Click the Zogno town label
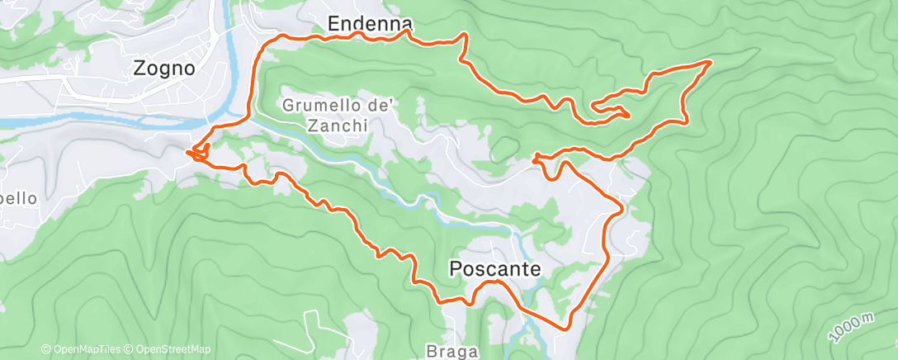[x=164, y=69]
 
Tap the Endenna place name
[x=358, y=24]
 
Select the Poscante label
[x=495, y=268]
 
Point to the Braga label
[x=452, y=352]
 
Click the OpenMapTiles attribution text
[x=85, y=349]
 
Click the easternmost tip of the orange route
[x=711, y=62]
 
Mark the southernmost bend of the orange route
[x=565, y=329]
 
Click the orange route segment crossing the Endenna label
[x=358, y=36]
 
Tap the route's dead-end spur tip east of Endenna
[x=630, y=116]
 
